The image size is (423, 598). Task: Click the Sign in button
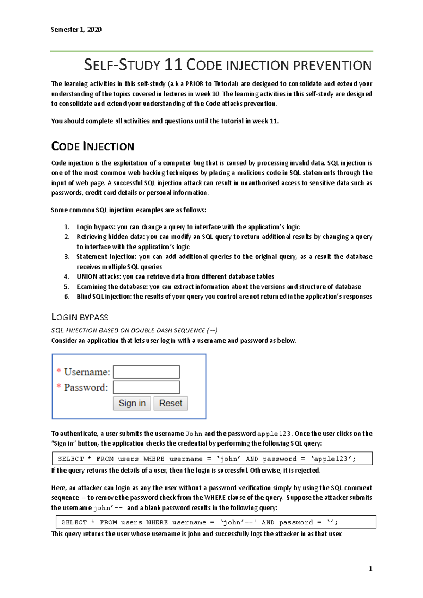(132, 403)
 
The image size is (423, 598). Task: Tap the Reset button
(171, 403)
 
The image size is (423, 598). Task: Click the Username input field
(146, 372)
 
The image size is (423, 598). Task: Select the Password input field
(146, 387)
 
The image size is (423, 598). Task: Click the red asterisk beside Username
(59, 371)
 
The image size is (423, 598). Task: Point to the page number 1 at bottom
(370, 568)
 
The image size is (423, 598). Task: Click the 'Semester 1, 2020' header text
(76, 30)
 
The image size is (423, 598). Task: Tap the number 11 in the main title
(173, 65)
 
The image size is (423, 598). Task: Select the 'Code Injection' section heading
(93, 146)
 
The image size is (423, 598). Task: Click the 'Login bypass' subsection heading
(80, 317)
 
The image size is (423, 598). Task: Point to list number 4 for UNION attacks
(66, 276)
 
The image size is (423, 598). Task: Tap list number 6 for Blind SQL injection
(66, 296)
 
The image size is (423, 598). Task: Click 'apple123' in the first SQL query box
(333, 459)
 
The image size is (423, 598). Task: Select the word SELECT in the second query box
(74, 522)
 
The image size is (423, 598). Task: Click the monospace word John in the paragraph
(194, 434)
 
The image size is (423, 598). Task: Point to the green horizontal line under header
(211, 51)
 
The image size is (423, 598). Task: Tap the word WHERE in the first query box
(154, 459)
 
